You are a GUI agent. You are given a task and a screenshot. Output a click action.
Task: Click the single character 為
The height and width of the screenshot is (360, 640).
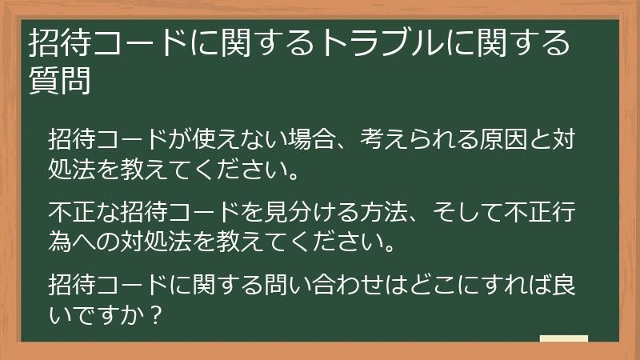pyautogui.click(x=61, y=241)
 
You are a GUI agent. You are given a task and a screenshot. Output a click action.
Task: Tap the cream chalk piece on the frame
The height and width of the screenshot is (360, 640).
pyautogui.click(x=563, y=339)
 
